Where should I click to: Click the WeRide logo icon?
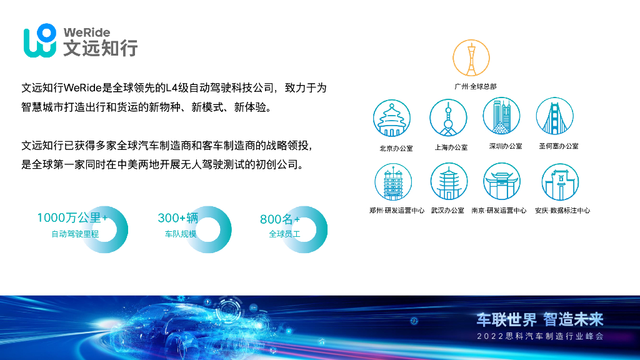point(41,41)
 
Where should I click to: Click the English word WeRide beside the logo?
point(86,32)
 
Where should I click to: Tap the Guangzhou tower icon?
point(471,59)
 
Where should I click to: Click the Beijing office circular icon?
point(392,118)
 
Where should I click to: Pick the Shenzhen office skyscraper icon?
point(501,116)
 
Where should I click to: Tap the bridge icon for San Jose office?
point(554,117)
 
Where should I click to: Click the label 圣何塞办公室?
point(558,146)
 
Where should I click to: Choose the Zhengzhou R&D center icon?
point(393,182)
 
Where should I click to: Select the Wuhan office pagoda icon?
point(448,182)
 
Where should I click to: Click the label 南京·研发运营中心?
point(499,211)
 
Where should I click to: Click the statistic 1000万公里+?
point(72,218)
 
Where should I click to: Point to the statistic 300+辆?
point(177,218)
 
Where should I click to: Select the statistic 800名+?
point(279,219)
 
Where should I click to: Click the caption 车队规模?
point(180,234)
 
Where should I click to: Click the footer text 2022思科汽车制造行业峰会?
point(540,337)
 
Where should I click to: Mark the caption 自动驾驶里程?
point(75,234)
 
